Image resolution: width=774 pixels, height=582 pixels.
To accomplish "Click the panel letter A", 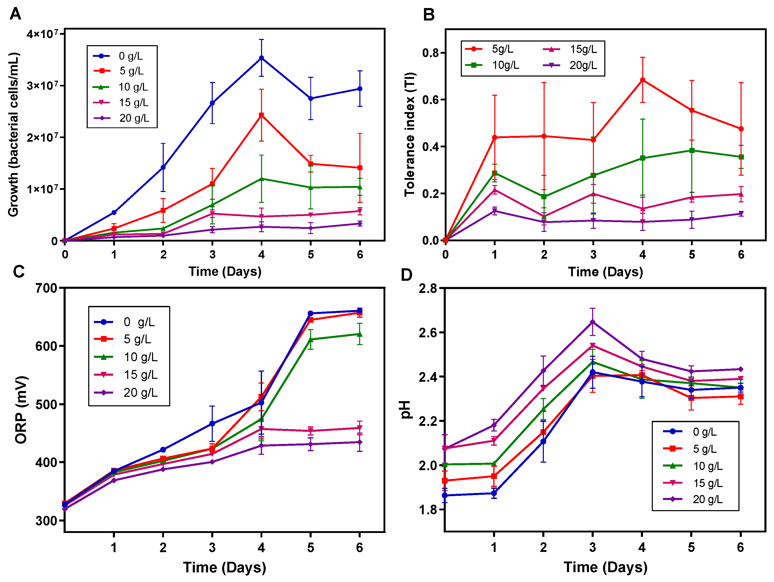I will click(15, 14).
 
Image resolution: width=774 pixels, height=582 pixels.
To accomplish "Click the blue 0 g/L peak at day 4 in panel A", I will click(261, 58).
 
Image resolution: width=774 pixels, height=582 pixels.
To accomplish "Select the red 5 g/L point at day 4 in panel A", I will click(261, 115).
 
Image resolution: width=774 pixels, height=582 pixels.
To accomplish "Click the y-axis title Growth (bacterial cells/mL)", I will click(13, 135).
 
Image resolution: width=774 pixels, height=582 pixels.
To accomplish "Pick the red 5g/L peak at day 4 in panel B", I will click(642, 80).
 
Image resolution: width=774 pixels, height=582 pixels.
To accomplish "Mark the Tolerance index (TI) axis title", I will click(410, 135).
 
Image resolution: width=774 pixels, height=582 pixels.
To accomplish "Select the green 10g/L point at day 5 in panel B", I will click(692, 150).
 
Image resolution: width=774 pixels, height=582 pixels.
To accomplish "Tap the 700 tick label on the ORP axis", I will click(46, 288).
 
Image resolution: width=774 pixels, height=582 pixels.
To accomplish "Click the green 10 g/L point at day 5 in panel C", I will click(310, 339).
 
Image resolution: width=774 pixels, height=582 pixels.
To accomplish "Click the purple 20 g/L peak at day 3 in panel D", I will click(592, 322).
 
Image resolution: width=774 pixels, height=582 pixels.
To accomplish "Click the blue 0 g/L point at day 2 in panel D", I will click(543, 442).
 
